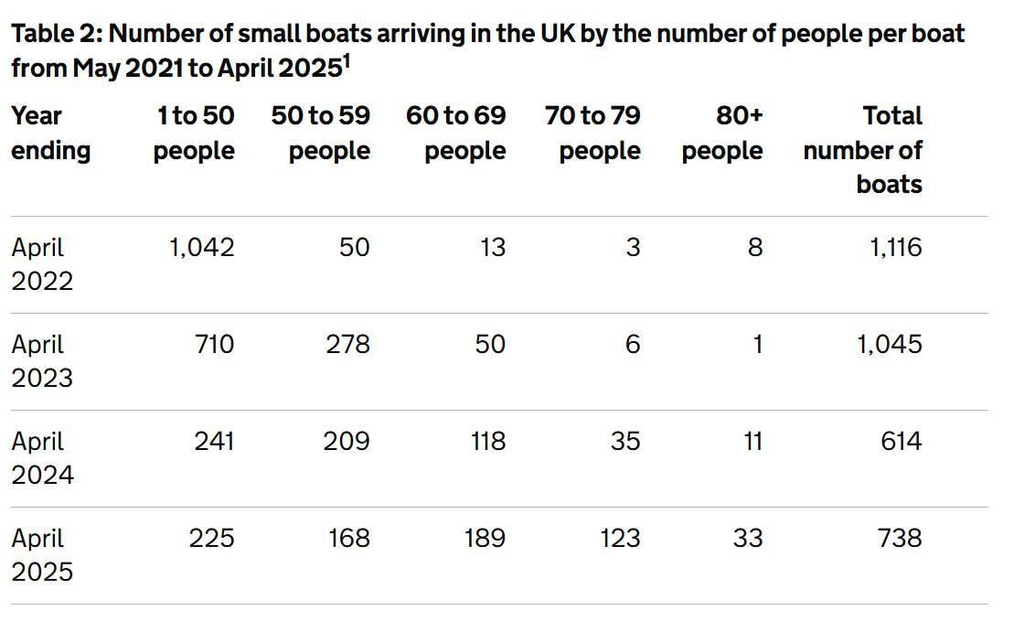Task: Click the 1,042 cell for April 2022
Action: (201, 247)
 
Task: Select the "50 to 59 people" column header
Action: (321, 134)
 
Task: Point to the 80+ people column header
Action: (722, 134)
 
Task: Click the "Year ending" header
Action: (50, 134)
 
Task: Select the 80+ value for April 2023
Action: (755, 344)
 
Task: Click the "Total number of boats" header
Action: (864, 150)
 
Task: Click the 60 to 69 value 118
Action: (484, 441)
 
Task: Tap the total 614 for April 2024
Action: (901, 441)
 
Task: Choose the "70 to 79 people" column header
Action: (592, 134)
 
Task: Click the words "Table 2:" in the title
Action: (57, 35)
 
